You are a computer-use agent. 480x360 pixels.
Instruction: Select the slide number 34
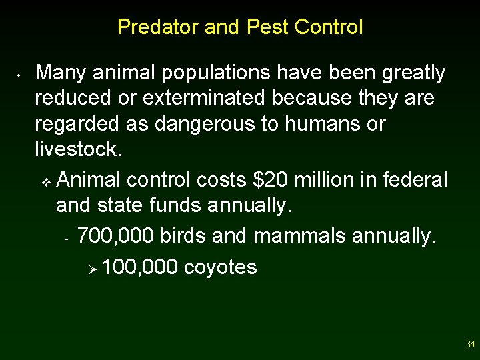point(470,345)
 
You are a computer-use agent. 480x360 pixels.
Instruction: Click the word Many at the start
point(61,73)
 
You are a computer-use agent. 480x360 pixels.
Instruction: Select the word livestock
point(77,149)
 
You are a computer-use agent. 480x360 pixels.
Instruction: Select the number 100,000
point(140,267)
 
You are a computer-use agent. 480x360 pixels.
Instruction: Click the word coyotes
point(220,267)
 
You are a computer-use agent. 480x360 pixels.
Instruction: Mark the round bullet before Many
point(21,74)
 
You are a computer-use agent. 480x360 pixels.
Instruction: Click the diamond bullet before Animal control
point(45,181)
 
